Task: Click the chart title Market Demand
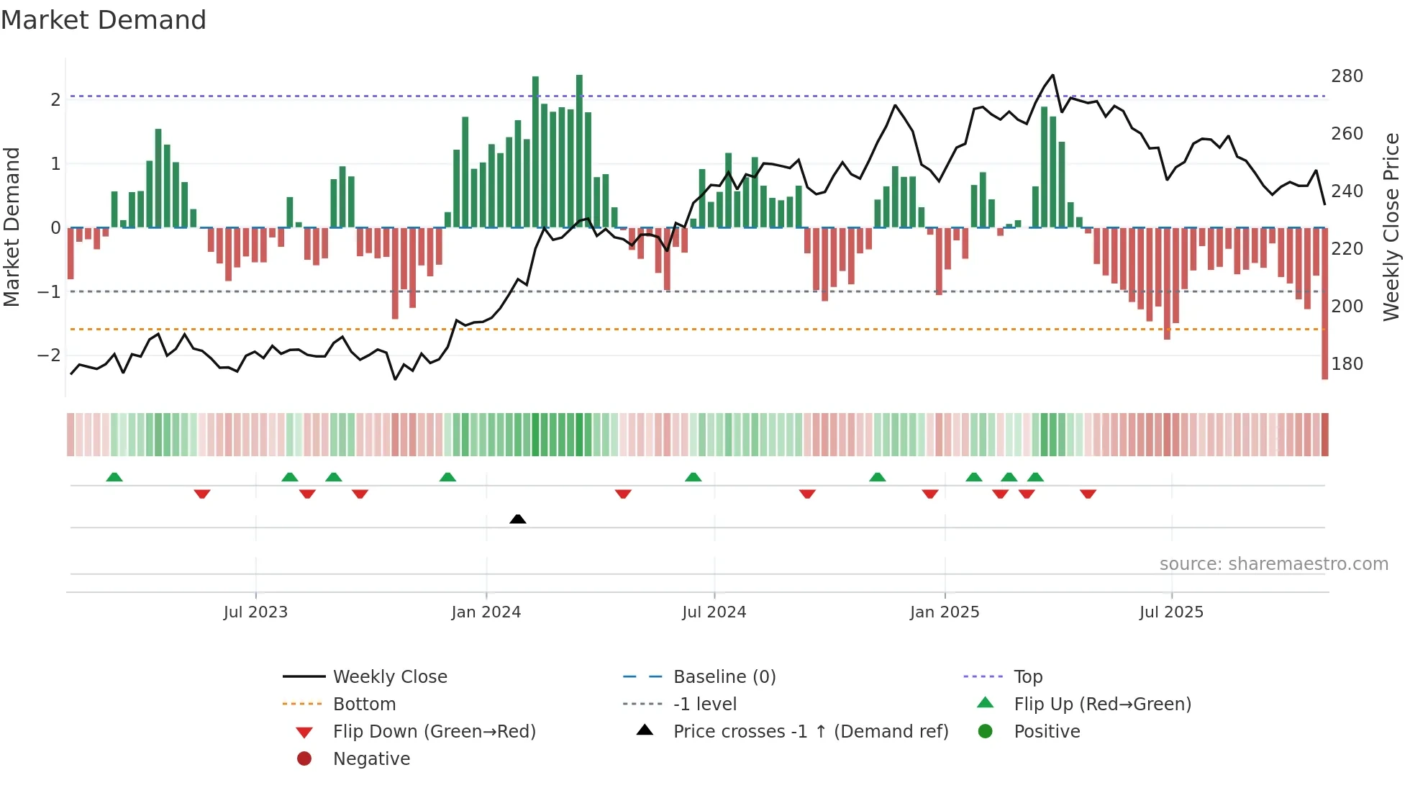(104, 20)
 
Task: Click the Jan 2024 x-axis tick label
(486, 612)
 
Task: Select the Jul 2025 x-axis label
(1170, 612)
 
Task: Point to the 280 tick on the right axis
(1347, 76)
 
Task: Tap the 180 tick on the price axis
(1347, 364)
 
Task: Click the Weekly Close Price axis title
(1391, 227)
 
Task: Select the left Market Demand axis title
(12, 227)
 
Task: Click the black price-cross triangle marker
(517, 519)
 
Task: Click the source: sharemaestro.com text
(1273, 564)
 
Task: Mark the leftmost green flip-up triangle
(114, 477)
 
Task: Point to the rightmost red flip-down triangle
(1088, 494)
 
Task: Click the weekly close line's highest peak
(1052, 75)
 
